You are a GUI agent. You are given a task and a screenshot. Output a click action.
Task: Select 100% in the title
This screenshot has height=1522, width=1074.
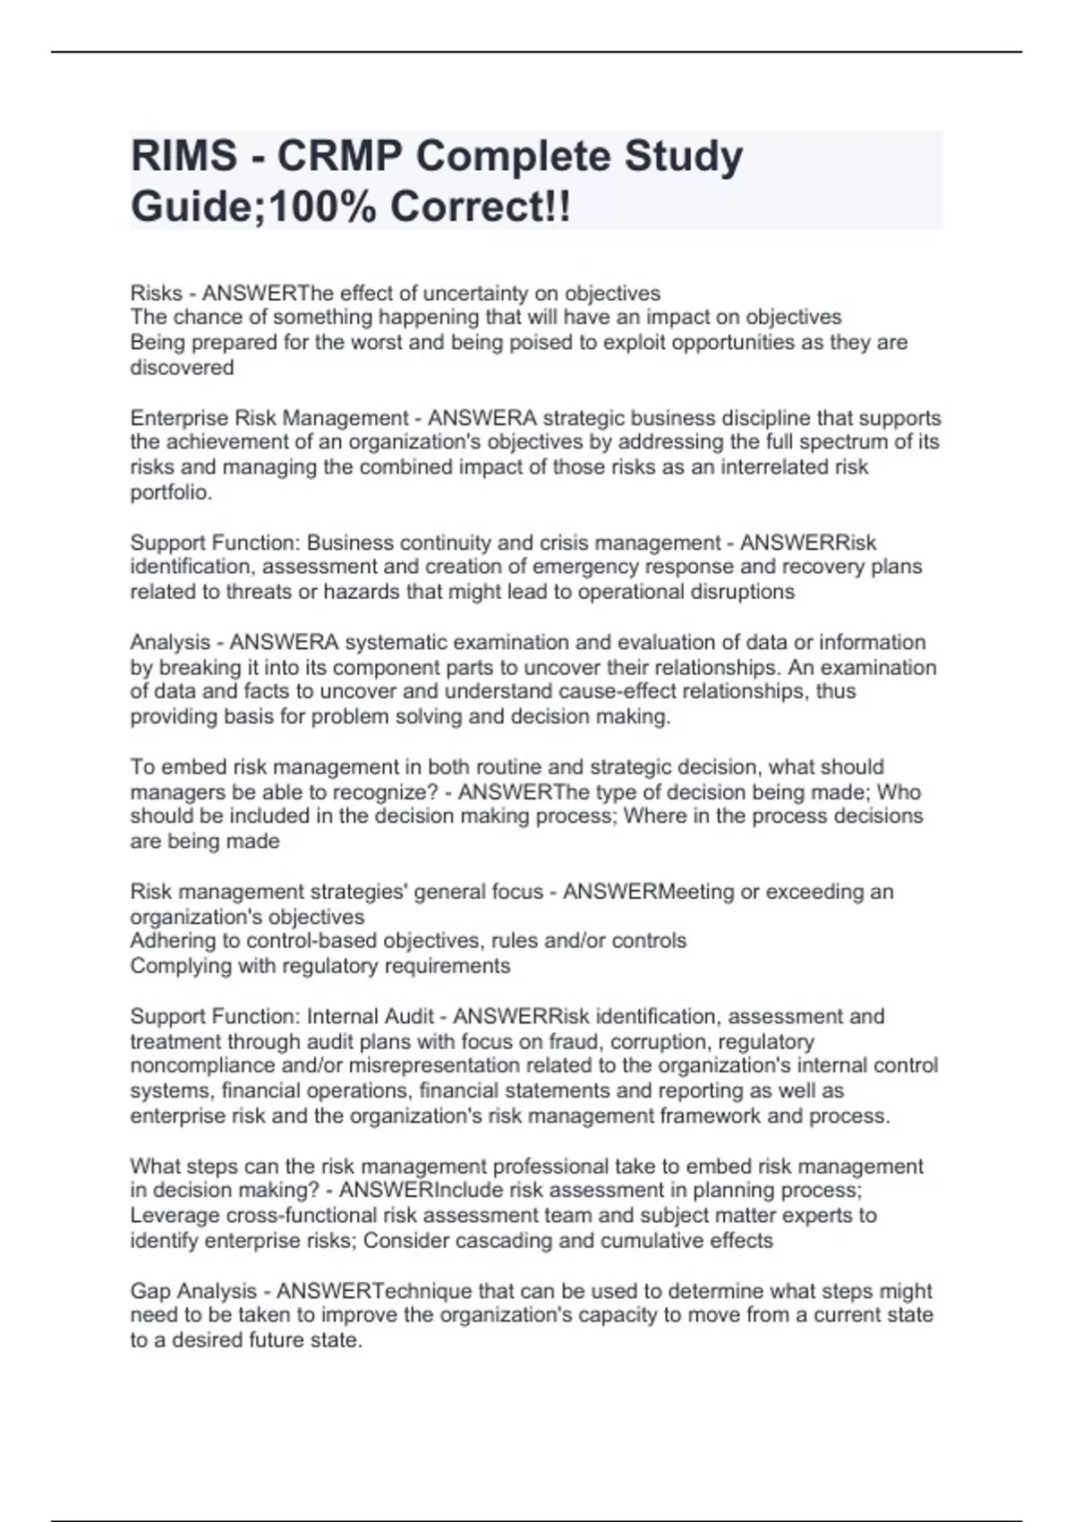coord(326,208)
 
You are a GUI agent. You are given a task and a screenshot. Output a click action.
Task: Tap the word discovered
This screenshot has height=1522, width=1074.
coord(182,368)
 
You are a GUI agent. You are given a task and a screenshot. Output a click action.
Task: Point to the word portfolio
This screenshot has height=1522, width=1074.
coord(171,492)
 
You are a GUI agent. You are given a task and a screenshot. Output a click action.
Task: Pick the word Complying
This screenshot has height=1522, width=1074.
coord(179,966)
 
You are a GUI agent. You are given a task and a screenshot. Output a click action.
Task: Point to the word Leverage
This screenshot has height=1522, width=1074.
coord(175,1216)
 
